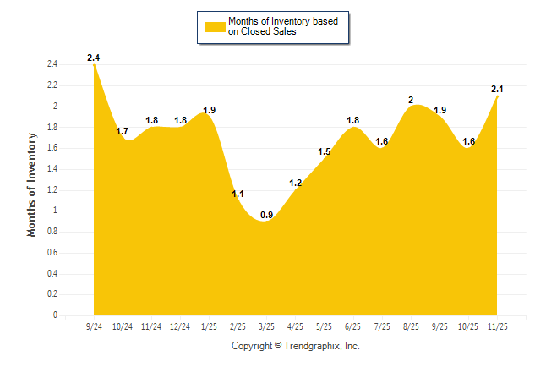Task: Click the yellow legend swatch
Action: [214, 26]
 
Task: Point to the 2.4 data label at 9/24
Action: [94, 58]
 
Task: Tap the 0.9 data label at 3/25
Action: [266, 216]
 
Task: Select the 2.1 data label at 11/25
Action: [497, 89]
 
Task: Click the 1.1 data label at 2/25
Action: [238, 194]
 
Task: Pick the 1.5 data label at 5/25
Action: [324, 152]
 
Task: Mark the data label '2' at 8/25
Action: [411, 100]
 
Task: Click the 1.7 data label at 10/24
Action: [123, 131]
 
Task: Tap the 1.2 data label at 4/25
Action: [296, 183]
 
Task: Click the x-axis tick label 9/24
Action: [94, 326]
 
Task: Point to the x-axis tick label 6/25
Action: [353, 326]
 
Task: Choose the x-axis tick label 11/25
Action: [497, 326]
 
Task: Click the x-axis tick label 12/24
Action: [180, 326]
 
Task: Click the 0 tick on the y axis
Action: [55, 315]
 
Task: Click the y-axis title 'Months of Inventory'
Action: [33, 183]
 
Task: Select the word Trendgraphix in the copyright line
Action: [313, 346]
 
